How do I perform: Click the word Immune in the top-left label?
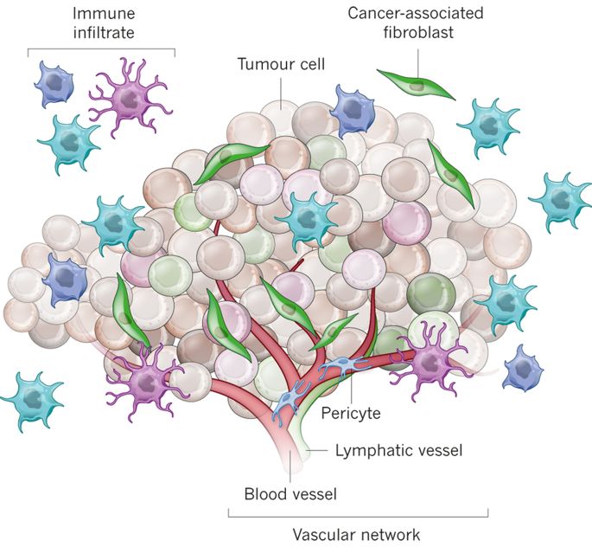(x=104, y=14)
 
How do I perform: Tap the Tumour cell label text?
(x=281, y=64)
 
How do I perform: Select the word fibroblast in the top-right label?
(x=418, y=32)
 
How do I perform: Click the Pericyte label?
(x=351, y=413)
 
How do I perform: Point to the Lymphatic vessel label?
(x=399, y=450)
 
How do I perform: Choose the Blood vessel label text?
(x=290, y=493)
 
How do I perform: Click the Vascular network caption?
(x=356, y=535)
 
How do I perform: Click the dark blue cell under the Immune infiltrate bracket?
(x=54, y=84)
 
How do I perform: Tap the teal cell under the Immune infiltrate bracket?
(x=70, y=144)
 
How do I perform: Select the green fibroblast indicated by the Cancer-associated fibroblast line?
(x=417, y=85)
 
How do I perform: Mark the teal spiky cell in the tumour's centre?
(x=308, y=218)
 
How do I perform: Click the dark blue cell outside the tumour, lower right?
(x=523, y=369)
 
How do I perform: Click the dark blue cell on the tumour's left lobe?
(x=66, y=279)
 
